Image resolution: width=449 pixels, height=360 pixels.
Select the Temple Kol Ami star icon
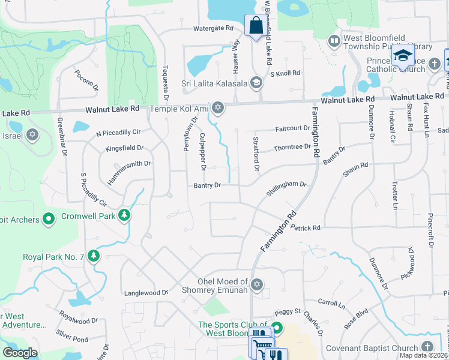point(218,108)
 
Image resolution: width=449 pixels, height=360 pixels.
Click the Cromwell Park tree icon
point(124,214)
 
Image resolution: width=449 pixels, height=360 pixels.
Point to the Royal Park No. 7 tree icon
point(93,256)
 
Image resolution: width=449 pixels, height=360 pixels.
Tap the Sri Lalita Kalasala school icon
point(256,82)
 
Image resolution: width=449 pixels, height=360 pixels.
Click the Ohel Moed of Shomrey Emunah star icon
point(257,284)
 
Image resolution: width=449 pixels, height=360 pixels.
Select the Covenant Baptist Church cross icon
point(427,347)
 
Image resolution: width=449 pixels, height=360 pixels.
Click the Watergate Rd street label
point(213,28)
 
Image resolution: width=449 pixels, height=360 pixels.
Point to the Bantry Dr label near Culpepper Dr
point(208,186)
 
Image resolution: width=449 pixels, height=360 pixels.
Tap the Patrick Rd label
point(306,228)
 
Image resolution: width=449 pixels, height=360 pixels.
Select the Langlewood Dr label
point(146,293)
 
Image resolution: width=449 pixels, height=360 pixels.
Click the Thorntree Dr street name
point(292,148)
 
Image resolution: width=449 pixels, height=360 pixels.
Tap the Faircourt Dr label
point(292,128)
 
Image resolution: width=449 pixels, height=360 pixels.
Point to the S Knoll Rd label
point(285,73)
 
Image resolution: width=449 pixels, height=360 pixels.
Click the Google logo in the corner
point(20,352)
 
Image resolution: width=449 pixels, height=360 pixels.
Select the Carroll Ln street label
point(331,304)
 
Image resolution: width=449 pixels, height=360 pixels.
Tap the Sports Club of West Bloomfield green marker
point(277,328)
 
